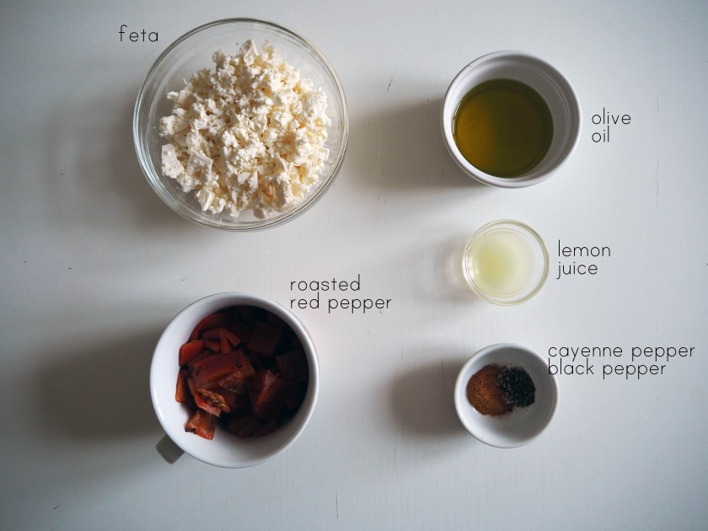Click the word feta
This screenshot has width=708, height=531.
[x=138, y=34]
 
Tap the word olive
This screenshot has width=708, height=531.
[x=611, y=118]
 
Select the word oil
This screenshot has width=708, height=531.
[x=600, y=136]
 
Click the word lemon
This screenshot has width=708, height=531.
[x=584, y=249]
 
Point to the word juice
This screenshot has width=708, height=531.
[x=577, y=269]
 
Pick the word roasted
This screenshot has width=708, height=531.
[x=325, y=285]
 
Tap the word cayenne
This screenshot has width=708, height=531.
[x=586, y=351]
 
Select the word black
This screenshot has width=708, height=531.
[x=571, y=368]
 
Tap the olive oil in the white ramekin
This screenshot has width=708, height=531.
[x=503, y=128]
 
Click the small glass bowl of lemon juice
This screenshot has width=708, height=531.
[x=505, y=262]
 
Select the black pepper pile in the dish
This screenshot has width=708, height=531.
[x=518, y=387]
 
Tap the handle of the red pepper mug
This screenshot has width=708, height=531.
[x=169, y=448]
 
